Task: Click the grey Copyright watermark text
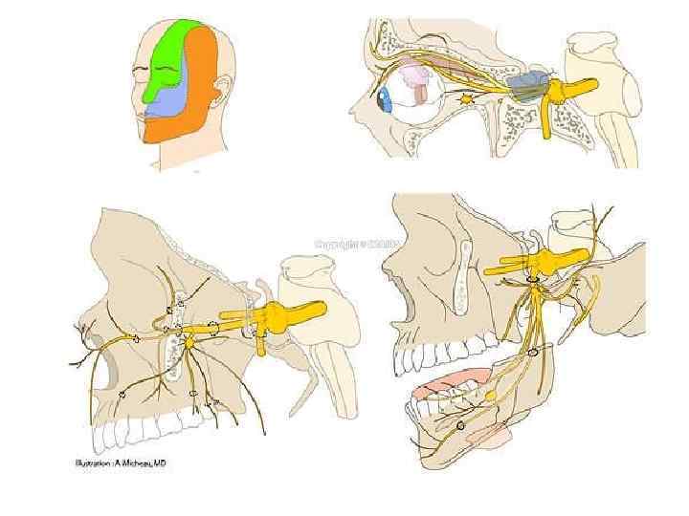[x=350, y=244]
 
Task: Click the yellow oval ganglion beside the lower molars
[x=490, y=394]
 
